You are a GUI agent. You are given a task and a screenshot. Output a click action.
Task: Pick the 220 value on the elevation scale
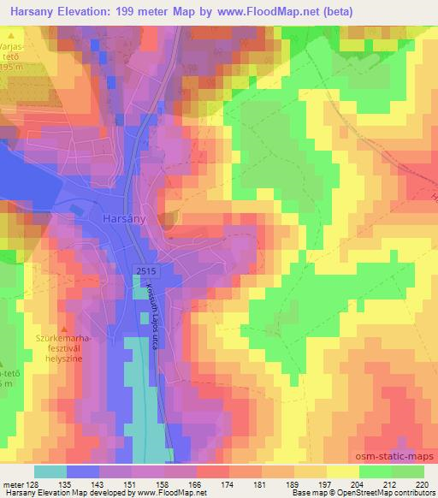click(419, 484)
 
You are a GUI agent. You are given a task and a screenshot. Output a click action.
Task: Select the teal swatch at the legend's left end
click(51, 472)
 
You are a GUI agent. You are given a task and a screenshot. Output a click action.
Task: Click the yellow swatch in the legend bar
click(342, 472)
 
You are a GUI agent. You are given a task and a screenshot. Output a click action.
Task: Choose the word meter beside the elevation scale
click(12, 484)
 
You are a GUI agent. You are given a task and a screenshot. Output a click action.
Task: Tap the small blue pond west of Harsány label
click(77, 208)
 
